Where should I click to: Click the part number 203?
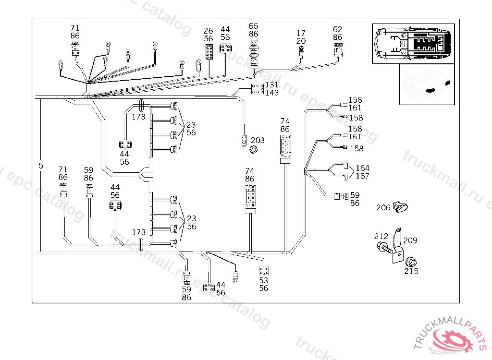click(x=258, y=140)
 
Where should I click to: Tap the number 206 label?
click(x=383, y=207)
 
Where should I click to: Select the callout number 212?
click(x=381, y=236)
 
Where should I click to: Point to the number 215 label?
click(x=411, y=271)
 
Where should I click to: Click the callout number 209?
click(x=410, y=240)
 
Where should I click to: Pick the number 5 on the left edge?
click(x=41, y=166)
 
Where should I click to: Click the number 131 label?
click(x=272, y=85)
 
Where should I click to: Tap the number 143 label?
click(x=272, y=93)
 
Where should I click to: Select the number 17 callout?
click(x=301, y=34)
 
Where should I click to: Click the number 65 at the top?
click(x=254, y=26)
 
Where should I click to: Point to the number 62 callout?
click(x=338, y=29)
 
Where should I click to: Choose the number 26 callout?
click(x=209, y=31)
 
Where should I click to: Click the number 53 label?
click(x=264, y=280)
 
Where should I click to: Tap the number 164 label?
click(x=362, y=168)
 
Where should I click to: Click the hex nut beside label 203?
click(x=254, y=150)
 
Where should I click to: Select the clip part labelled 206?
click(x=400, y=206)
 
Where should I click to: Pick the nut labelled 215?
click(x=410, y=262)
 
